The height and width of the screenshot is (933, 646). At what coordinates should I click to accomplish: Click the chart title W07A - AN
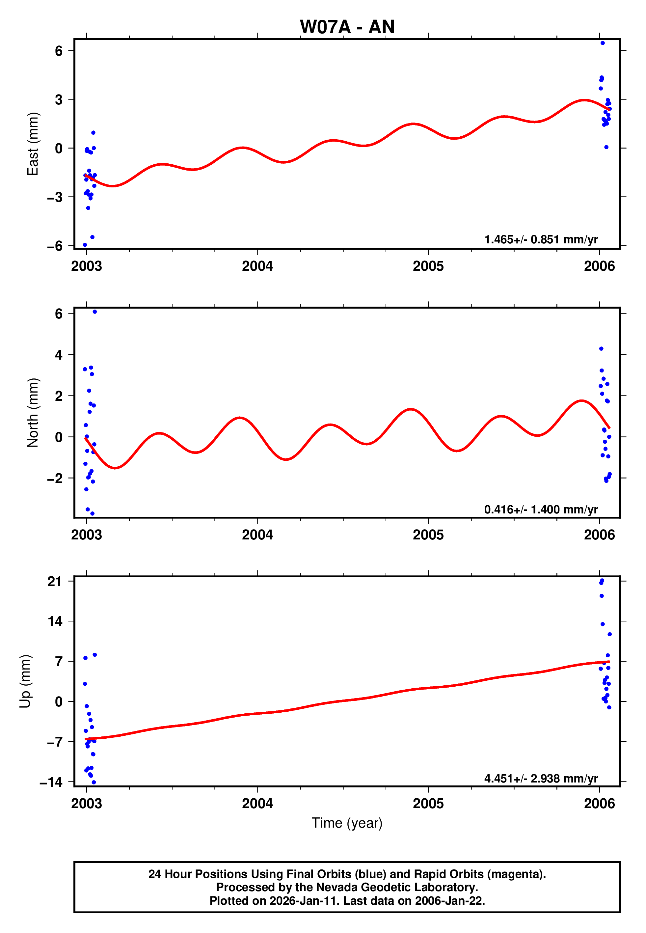pos(347,27)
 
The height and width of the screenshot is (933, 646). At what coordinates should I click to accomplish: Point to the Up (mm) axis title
pos(25,681)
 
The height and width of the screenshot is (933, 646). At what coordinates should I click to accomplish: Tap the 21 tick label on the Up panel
pos(55,582)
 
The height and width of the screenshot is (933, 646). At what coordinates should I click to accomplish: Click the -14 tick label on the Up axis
pos(51,782)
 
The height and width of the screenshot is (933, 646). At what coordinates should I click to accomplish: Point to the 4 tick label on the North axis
pos(59,355)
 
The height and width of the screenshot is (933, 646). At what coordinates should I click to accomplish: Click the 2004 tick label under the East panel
pos(257,266)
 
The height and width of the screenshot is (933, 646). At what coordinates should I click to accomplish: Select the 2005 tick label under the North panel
pos(428,535)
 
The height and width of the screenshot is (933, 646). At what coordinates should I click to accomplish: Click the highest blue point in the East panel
pos(602,43)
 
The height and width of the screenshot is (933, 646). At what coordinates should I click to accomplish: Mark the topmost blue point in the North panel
pos(95,312)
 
